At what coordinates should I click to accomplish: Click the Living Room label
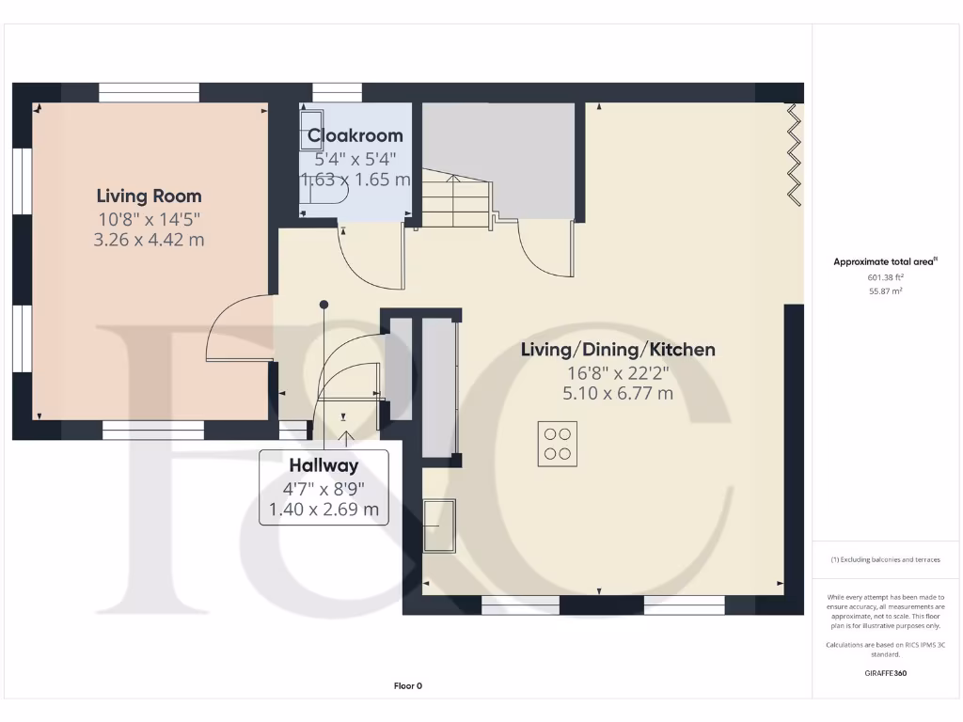tap(149, 196)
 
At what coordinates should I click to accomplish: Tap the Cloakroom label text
tap(355, 136)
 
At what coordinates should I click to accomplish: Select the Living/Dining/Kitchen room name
tap(618, 350)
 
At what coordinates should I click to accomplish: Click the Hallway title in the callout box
tap(324, 464)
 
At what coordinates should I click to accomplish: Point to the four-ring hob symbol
tap(558, 444)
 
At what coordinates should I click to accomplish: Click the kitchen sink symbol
tap(439, 526)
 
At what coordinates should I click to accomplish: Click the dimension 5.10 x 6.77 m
tap(618, 393)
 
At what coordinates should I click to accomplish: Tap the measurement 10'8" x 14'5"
tap(149, 219)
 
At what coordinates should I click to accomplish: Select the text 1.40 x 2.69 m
tap(324, 510)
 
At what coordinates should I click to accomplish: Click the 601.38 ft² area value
tap(885, 277)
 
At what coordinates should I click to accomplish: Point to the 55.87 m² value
tap(885, 291)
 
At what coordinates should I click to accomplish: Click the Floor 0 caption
tap(407, 686)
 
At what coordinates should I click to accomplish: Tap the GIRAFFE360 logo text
tap(885, 673)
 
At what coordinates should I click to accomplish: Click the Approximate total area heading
tap(885, 262)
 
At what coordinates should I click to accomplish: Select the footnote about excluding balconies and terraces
tap(885, 559)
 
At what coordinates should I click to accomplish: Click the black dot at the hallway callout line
tap(324, 305)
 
